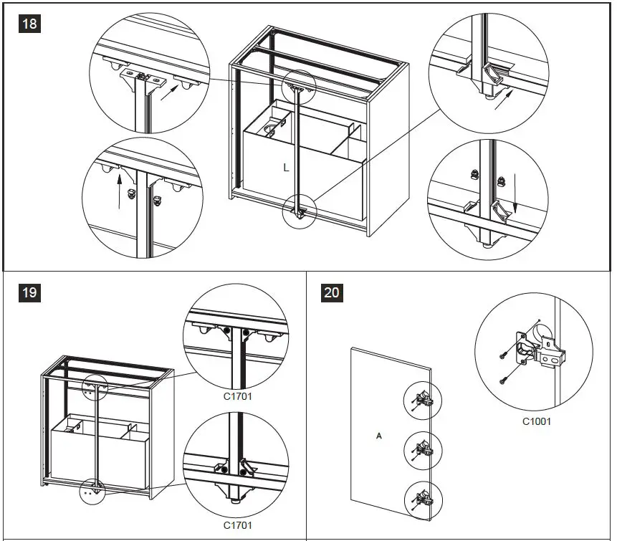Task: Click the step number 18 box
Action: [x=29, y=24]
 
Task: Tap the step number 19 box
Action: [x=29, y=292]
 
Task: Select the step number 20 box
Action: [x=332, y=292]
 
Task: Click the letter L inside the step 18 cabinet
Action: [x=286, y=168]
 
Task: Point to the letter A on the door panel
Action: [x=378, y=435]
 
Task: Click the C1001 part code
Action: [x=536, y=421]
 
